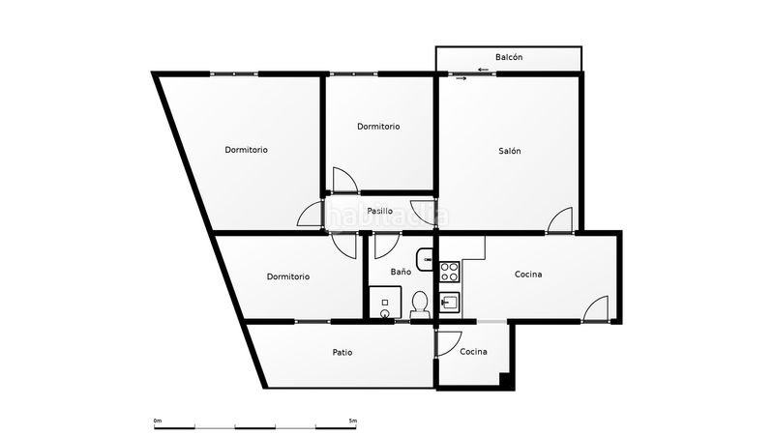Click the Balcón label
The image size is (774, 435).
(509, 57)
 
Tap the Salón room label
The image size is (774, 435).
(510, 151)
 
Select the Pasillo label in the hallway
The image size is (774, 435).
(379, 211)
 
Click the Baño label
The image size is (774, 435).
(401, 272)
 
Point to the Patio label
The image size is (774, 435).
(342, 353)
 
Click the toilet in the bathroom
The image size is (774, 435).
(420, 304)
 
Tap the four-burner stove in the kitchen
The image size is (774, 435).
(450, 272)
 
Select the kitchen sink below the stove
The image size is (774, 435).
(450, 302)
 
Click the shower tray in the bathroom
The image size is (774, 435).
(384, 303)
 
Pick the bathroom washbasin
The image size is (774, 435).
(425, 260)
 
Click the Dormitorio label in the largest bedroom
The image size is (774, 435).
(246, 150)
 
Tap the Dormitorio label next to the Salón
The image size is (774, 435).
(378, 127)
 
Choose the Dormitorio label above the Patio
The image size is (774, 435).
(287, 276)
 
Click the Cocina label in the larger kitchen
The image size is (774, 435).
(528, 275)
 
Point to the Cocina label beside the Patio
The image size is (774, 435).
(473, 352)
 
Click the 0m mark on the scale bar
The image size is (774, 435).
(158, 420)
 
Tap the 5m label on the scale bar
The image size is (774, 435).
(352, 420)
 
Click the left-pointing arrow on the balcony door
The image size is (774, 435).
(483, 70)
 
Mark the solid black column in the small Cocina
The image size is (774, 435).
(507, 380)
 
